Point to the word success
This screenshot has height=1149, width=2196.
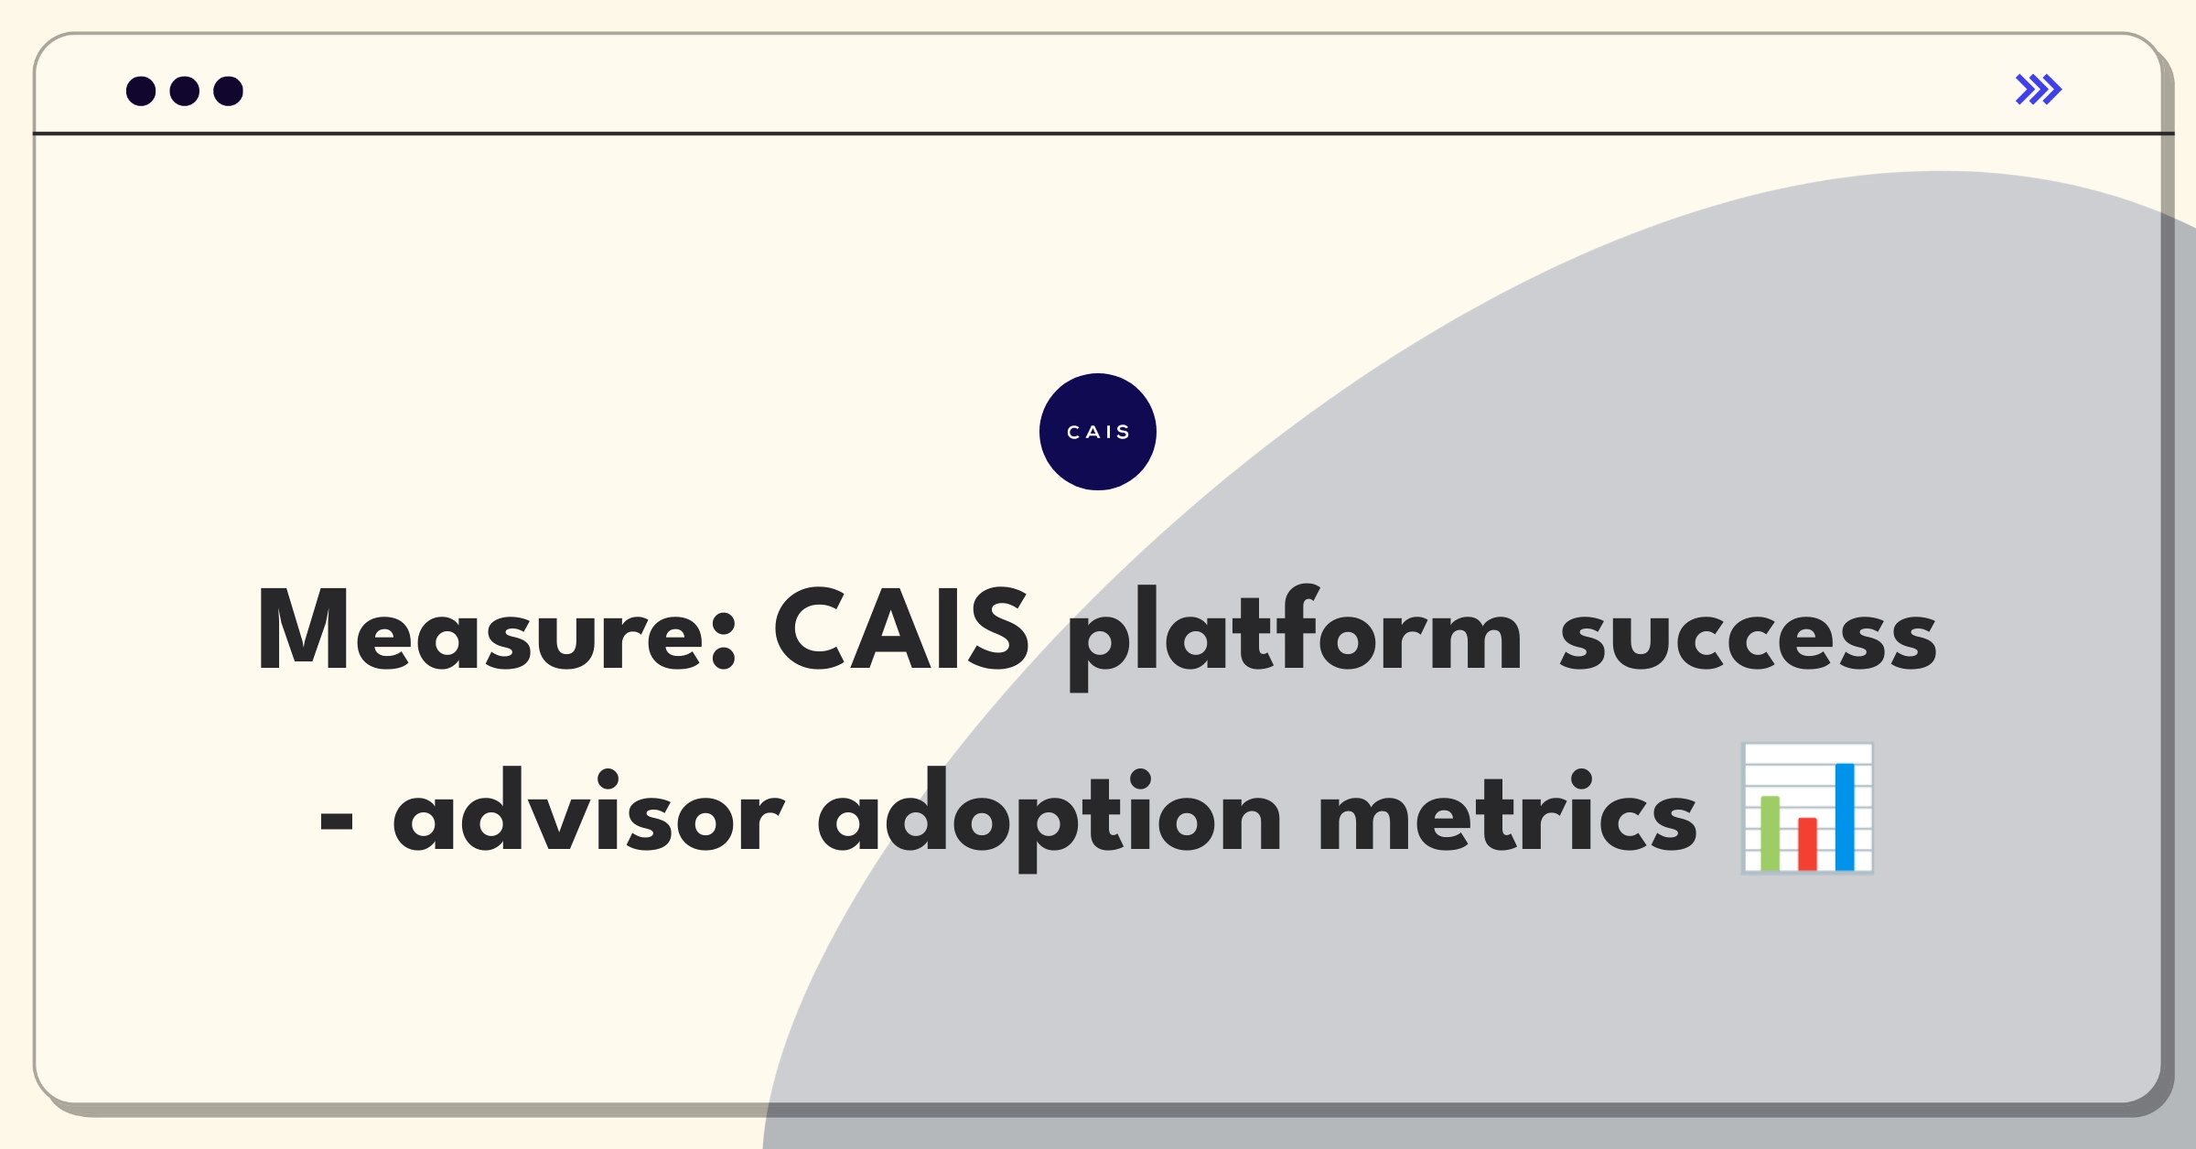pyautogui.click(x=1749, y=638)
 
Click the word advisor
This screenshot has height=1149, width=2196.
pyautogui.click(x=588, y=811)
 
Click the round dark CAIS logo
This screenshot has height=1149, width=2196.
pyautogui.click(x=1098, y=432)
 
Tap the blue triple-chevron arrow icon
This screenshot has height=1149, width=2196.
pyautogui.click(x=2039, y=90)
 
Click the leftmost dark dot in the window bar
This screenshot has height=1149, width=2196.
pyautogui.click(x=141, y=91)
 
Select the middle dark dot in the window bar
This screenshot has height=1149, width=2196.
pyautogui.click(x=185, y=91)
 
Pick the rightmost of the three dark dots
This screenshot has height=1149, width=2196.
pyautogui.click(x=229, y=91)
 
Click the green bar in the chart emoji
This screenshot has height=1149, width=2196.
pyautogui.click(x=1771, y=832)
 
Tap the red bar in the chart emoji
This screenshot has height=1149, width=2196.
pyautogui.click(x=1808, y=843)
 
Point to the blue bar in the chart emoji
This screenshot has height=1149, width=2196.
pyautogui.click(x=1845, y=817)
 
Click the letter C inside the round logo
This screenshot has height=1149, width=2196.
pyautogui.click(x=1073, y=432)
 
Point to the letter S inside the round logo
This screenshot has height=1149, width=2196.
pyautogui.click(x=1124, y=432)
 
